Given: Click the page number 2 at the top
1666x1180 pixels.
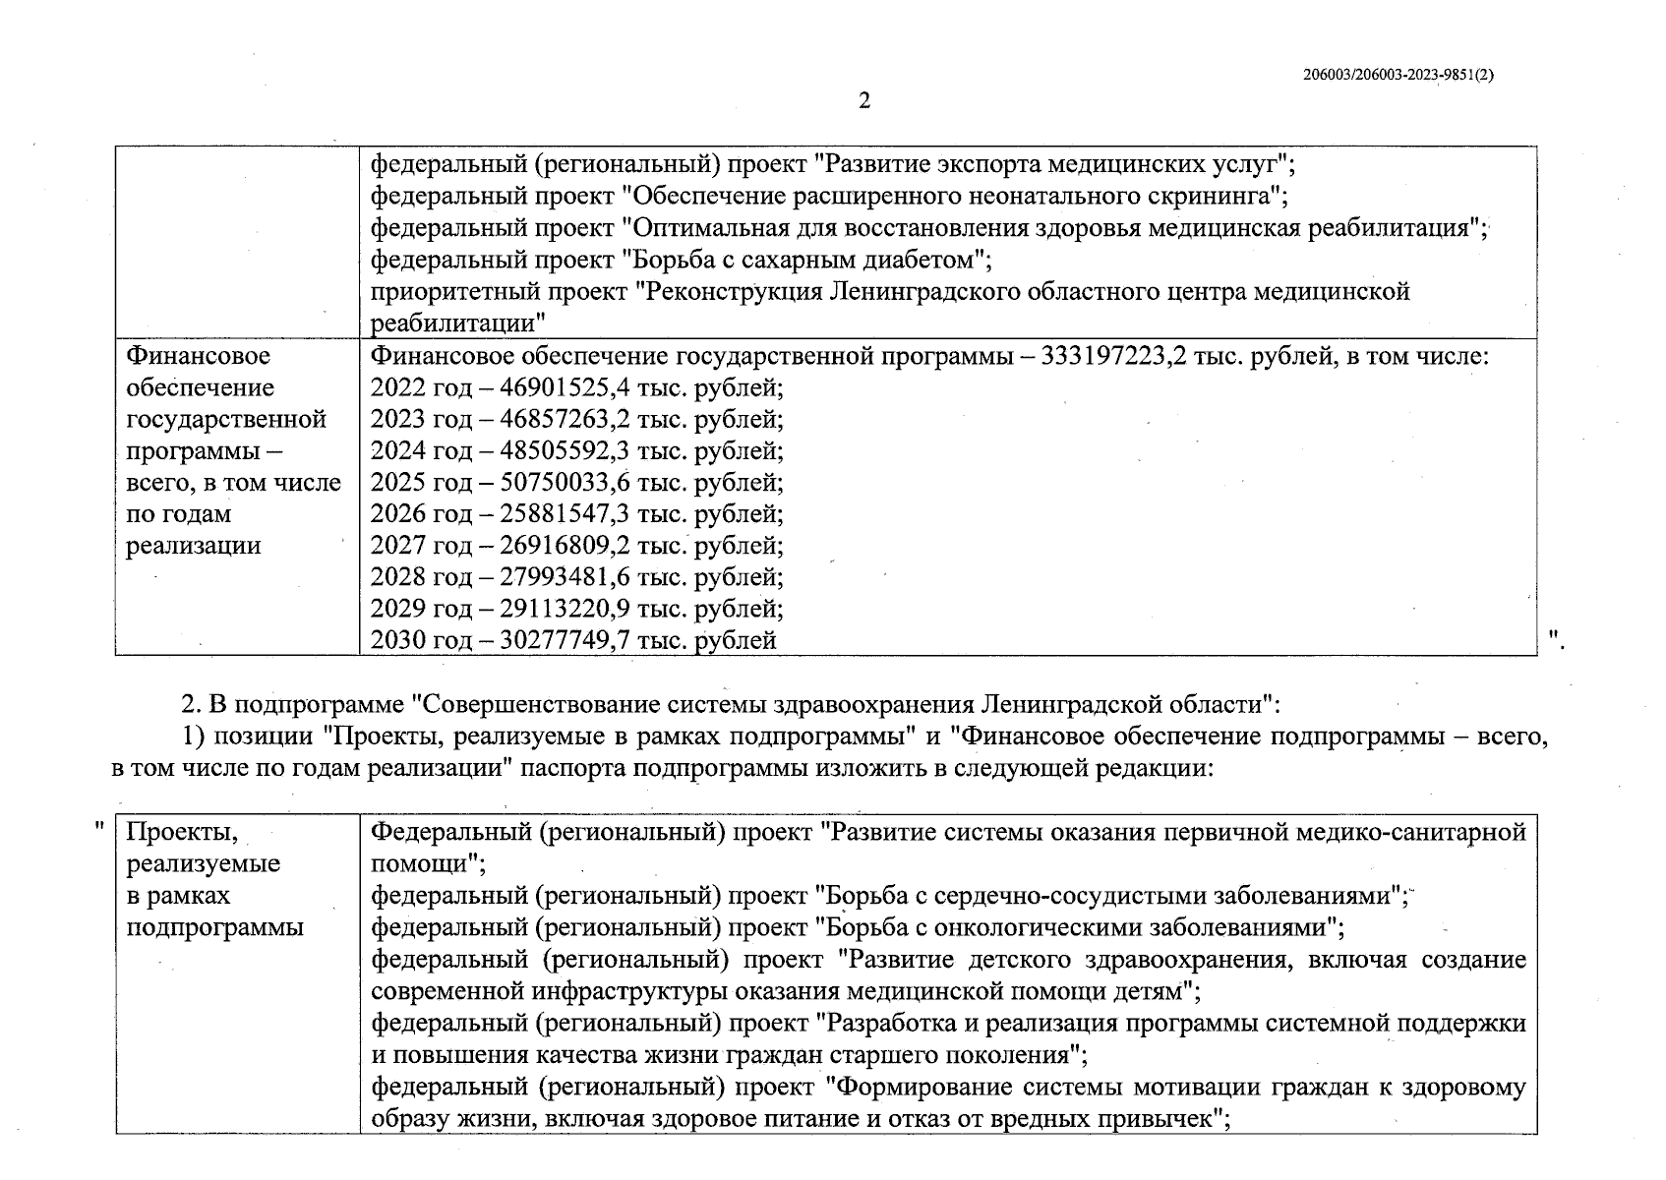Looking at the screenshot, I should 863,100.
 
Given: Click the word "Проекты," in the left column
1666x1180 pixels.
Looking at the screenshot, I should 183,832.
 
